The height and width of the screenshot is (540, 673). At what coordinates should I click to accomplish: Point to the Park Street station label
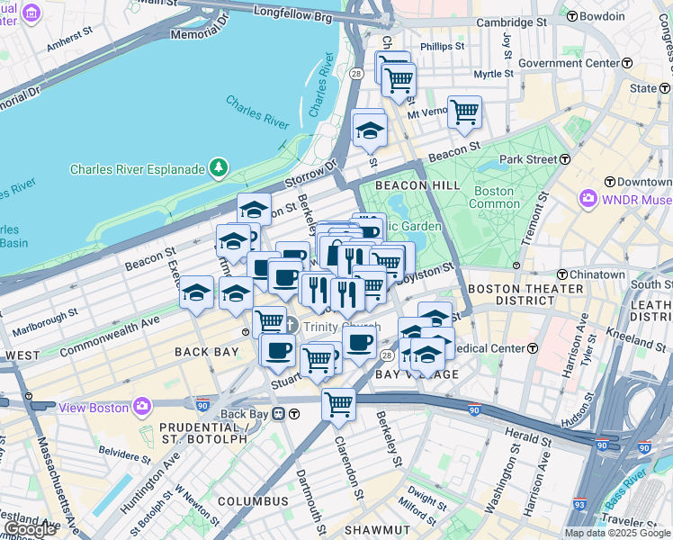tap(529, 159)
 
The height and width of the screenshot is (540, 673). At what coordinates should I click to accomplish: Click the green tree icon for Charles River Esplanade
tap(217, 167)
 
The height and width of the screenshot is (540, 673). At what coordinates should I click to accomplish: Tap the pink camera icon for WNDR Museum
tap(588, 197)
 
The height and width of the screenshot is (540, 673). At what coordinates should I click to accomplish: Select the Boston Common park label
tap(493, 197)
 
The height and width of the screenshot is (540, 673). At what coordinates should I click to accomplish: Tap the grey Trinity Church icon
tap(292, 326)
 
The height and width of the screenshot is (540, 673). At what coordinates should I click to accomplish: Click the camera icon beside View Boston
tap(142, 407)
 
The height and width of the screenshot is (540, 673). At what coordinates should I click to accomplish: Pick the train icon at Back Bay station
tap(279, 414)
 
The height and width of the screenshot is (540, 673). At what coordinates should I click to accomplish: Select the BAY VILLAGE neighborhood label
tap(405, 373)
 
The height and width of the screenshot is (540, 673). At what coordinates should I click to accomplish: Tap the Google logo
tap(31, 529)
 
